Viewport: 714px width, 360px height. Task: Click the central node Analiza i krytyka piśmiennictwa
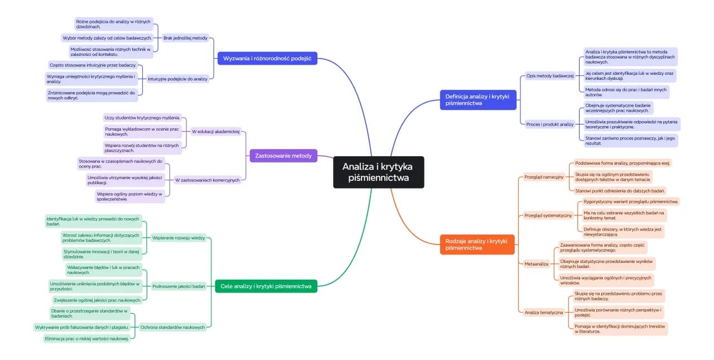tap(379, 172)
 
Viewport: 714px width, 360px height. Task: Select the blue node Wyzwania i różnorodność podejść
tap(267, 58)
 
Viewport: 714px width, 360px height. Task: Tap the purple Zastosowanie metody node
tap(283, 155)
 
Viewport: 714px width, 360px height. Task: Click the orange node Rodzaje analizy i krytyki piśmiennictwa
tap(476, 244)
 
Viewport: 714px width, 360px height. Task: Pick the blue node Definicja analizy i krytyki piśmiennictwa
tap(477, 99)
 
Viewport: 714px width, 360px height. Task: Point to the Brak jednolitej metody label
tap(185, 38)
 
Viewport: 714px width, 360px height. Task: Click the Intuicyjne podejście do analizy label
tap(177, 79)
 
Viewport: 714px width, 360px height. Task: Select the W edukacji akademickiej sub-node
tap(215, 132)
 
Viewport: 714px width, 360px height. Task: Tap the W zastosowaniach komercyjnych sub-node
tap(207, 180)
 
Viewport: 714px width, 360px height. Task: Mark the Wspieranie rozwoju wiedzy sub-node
tap(178, 238)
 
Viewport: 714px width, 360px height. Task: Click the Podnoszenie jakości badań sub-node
tap(178, 286)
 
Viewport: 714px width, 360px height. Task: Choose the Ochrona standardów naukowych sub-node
tap(172, 327)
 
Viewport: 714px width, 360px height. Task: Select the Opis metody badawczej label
tap(550, 75)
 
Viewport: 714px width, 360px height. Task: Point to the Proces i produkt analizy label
tap(550, 124)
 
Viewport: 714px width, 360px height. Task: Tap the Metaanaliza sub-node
tap(537, 263)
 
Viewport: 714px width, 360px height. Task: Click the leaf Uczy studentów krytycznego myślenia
tap(143, 118)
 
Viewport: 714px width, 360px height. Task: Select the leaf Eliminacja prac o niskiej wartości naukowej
tap(86, 338)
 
